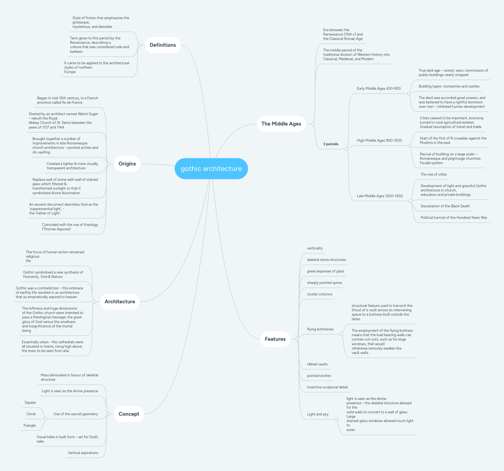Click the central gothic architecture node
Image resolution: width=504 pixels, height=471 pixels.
click(211, 168)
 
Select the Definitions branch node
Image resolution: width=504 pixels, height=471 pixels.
click(163, 45)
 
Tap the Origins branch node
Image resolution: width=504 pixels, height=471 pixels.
click(127, 164)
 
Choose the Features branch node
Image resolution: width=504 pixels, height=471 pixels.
click(275, 339)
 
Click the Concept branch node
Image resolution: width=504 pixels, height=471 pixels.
click(129, 414)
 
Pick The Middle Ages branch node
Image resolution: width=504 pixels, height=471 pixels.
click(281, 124)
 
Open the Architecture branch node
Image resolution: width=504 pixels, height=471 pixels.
click(120, 302)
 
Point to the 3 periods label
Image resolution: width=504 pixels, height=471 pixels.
click(330, 144)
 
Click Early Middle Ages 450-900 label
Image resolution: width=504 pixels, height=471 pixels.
click(378, 89)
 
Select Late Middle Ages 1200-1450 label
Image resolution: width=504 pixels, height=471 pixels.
click(379, 196)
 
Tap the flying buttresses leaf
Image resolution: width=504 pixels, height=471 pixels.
click(320, 329)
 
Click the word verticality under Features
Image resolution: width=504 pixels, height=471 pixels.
click(315, 248)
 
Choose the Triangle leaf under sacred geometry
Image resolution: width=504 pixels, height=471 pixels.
click(29, 426)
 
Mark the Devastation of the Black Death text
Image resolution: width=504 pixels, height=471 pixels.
click(445, 206)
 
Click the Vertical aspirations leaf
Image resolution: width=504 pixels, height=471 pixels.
click(83, 453)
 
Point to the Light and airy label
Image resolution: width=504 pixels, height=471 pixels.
click(318, 414)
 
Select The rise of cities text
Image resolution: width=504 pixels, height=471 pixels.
click(433, 175)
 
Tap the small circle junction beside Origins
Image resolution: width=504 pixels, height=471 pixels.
click(108, 164)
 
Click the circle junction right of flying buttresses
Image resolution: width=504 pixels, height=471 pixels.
click(341, 334)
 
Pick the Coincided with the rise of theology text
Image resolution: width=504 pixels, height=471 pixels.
click(70, 227)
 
